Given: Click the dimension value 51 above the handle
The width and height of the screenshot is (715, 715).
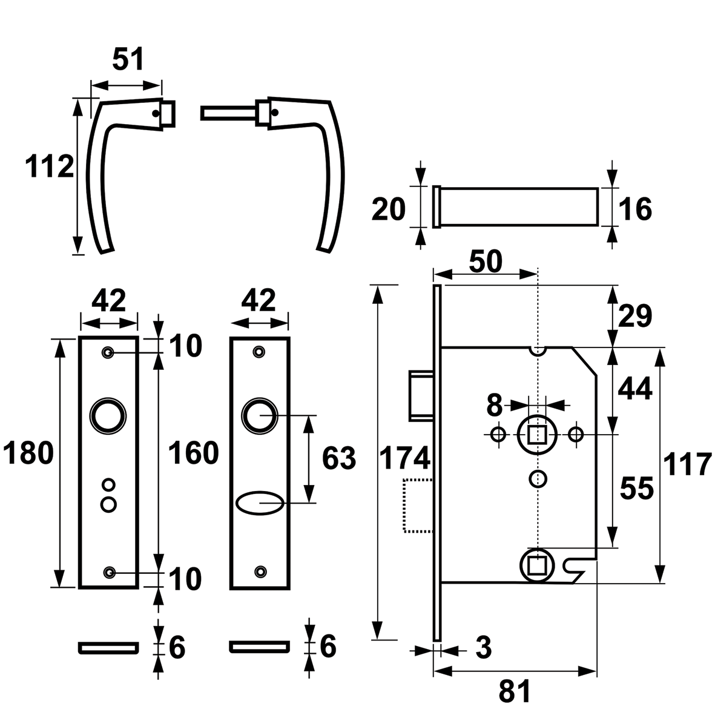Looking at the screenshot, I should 128,61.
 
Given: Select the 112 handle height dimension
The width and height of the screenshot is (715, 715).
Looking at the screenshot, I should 50,166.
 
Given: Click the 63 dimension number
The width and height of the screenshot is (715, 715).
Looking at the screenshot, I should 338,459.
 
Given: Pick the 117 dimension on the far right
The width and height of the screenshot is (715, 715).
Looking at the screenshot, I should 687,466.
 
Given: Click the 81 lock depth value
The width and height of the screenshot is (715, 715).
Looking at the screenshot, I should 515,691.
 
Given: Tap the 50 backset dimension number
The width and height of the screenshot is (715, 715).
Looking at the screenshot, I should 486,262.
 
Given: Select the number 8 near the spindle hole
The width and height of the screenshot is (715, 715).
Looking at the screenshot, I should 494,406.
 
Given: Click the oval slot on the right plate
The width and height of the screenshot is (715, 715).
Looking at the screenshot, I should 259,502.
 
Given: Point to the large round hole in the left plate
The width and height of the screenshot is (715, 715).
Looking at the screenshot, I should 108,416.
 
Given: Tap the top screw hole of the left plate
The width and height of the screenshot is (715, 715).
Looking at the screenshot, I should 108,352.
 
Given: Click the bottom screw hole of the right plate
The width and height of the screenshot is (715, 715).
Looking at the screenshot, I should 260,571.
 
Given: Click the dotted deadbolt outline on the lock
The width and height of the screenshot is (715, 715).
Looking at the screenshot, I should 418,506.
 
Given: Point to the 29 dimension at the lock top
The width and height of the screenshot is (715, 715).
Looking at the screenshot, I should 634,315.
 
